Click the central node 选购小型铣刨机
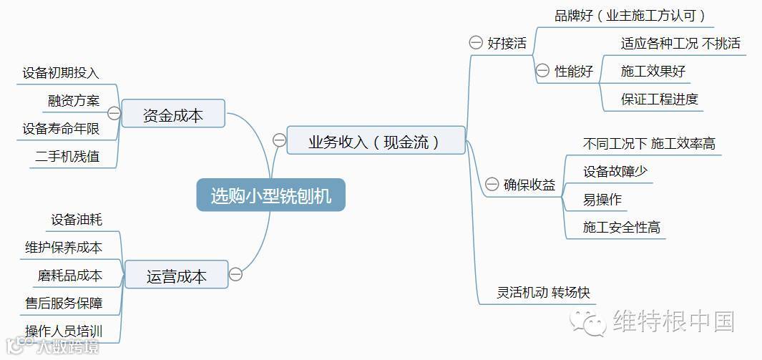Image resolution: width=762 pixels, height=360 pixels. pos(270,195)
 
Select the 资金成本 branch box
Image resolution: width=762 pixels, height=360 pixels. pos(173,115)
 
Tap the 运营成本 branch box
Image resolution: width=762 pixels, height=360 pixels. pos(176,276)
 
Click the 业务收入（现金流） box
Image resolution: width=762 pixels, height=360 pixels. pos(376,141)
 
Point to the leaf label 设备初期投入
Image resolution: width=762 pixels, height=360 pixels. pos(61,72)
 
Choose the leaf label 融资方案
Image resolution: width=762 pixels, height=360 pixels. pos(74,100)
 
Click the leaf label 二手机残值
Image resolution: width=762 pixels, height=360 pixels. pos(67,156)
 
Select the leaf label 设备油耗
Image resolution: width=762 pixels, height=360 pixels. pos(77,219)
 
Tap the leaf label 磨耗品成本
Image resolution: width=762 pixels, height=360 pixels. pos(70,275)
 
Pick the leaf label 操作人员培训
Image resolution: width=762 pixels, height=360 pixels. pos(64,331)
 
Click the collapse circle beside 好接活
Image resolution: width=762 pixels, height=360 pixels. pos(476,43)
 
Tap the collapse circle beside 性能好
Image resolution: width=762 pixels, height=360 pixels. pos(542,71)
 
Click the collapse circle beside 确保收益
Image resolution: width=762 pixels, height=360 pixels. pos(492,184)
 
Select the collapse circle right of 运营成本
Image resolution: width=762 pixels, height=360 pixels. pos(235,274)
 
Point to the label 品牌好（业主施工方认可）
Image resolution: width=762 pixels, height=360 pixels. pos(630,15)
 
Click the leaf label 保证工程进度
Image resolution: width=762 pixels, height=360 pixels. pos(659,99)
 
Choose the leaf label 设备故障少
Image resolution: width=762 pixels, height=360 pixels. pos(615,172)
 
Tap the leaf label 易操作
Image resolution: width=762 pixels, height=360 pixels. pos(602,200)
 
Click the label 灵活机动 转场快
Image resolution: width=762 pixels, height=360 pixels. pos(543,292)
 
